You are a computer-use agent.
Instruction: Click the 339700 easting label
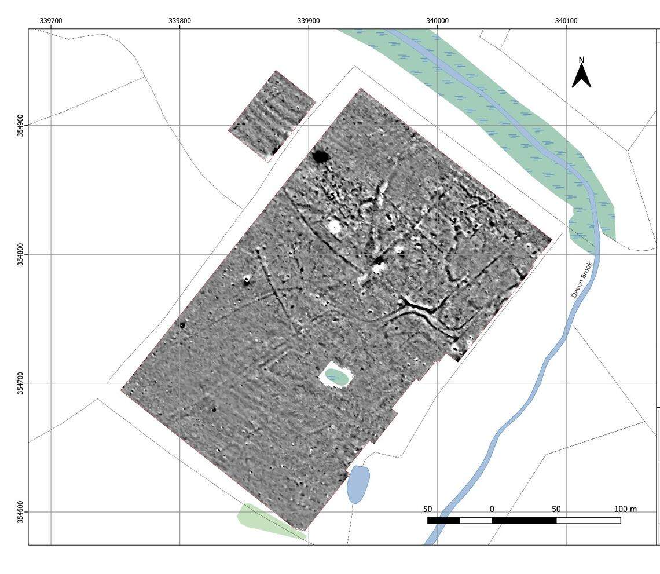pyautogui.click(x=51, y=21)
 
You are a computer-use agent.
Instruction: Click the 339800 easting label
pyautogui.click(x=179, y=21)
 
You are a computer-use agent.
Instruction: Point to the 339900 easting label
pyautogui.click(x=309, y=21)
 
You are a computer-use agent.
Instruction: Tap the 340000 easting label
pyautogui.click(x=437, y=21)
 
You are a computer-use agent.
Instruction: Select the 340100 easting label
pyautogui.click(x=566, y=21)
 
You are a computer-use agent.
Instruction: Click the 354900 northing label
pyautogui.click(x=21, y=125)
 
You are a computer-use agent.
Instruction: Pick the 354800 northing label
pyautogui.click(x=21, y=254)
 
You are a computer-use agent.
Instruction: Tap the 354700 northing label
pyautogui.click(x=21, y=383)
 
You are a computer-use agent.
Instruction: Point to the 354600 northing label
pyautogui.click(x=21, y=512)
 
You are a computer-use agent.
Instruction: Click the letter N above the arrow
pyautogui.click(x=582, y=60)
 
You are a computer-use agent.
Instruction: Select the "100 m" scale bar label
pyautogui.click(x=625, y=509)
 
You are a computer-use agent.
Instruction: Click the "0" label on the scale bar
pyautogui.click(x=492, y=509)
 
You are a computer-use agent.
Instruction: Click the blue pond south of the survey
pyautogui.click(x=358, y=484)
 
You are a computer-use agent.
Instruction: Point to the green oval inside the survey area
pyautogui.click(x=336, y=376)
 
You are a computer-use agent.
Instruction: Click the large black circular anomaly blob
pyautogui.click(x=320, y=156)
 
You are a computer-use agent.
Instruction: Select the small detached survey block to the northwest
pyautogui.click(x=272, y=116)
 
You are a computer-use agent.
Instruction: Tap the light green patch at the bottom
pyautogui.click(x=263, y=520)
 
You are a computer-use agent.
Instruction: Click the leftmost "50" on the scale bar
pyautogui.click(x=427, y=509)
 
